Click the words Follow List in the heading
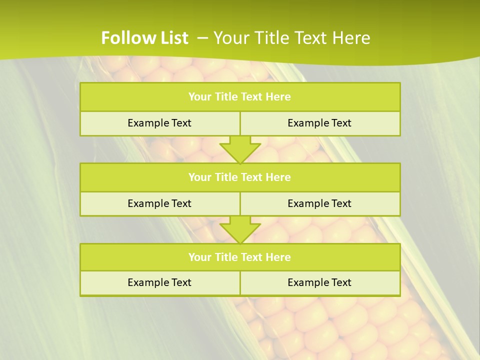(x=144, y=38)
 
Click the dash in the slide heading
(x=202, y=37)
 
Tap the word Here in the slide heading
(x=351, y=38)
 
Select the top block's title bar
(x=240, y=97)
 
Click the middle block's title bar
(x=240, y=177)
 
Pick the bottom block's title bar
(x=240, y=257)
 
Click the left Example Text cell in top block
(x=159, y=123)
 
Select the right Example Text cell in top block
(x=319, y=123)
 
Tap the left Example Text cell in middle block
(x=159, y=203)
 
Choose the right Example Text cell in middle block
(x=319, y=203)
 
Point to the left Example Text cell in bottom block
(x=159, y=282)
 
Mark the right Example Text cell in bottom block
(x=319, y=282)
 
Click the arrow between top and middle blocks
(x=240, y=149)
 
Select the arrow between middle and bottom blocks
(x=240, y=229)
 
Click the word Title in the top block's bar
(x=226, y=97)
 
